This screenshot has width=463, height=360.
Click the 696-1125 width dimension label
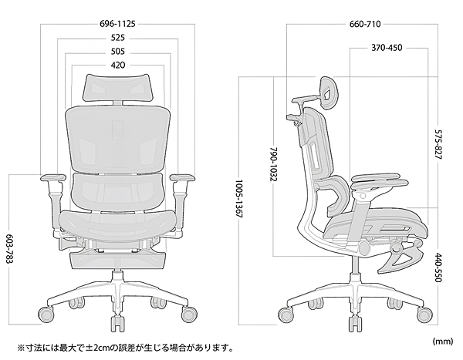117,24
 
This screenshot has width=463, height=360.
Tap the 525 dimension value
118,38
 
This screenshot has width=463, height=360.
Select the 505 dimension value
118,52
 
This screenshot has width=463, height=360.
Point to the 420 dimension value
118,66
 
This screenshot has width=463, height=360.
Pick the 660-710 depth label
366,24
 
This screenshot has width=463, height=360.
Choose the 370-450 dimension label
387,49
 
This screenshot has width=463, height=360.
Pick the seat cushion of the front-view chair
118,222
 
